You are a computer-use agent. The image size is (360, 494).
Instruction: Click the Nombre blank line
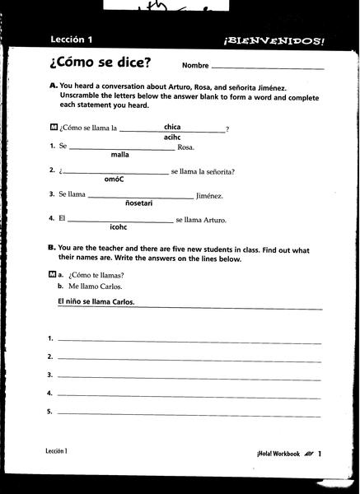(x=267, y=67)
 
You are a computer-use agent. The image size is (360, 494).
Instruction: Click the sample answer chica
(x=172, y=126)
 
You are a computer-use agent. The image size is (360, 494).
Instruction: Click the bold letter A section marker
(x=52, y=86)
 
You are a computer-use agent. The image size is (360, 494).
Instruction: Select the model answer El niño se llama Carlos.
(x=96, y=302)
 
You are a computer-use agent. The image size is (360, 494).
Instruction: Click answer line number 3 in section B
(x=189, y=375)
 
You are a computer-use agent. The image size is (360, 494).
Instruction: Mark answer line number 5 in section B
(x=189, y=412)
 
